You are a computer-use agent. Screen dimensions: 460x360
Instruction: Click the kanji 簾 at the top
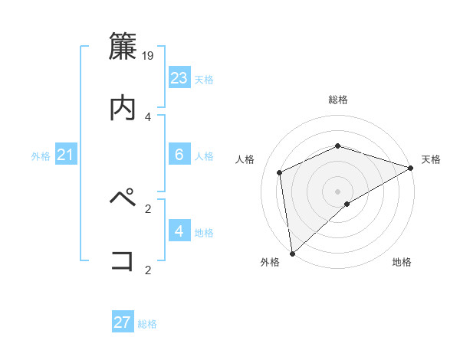[x=123, y=46]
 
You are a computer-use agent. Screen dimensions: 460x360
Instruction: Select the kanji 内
[x=123, y=108]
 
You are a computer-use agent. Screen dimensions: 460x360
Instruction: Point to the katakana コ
[x=123, y=260]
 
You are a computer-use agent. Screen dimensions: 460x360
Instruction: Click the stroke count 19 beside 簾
[x=149, y=55]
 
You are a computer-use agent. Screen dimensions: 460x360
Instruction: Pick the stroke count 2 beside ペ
[x=148, y=208]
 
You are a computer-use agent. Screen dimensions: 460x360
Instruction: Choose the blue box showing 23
[x=179, y=78]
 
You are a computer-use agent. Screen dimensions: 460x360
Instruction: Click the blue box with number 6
[x=179, y=155]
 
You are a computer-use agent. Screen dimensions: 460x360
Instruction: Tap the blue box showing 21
[x=66, y=155]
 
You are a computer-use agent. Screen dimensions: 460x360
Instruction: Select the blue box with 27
[x=123, y=322]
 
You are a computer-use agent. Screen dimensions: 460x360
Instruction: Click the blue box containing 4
[x=179, y=231]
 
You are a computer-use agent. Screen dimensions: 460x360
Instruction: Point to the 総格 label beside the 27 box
[x=148, y=324]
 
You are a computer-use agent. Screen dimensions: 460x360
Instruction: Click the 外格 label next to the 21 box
[x=41, y=156]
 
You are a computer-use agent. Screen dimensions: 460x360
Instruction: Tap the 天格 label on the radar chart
[x=431, y=159]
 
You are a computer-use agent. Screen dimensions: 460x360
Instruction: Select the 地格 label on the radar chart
[x=402, y=262]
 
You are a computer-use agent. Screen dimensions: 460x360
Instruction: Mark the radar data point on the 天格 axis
[x=410, y=168]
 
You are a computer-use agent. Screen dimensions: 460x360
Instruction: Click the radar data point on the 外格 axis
[x=292, y=253]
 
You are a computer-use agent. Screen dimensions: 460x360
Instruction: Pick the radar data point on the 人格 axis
[x=280, y=172]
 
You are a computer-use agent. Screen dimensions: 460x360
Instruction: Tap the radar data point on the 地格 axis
[x=347, y=204]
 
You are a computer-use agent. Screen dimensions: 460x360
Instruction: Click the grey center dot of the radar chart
[x=337, y=191]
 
